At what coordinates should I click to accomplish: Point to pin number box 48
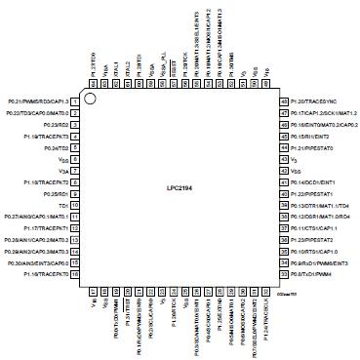pyautogui.click(x=283, y=100)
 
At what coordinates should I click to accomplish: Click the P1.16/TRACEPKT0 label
pyautogui.click(x=48, y=276)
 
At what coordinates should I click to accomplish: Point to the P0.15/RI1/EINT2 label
pyautogui.click(x=314, y=136)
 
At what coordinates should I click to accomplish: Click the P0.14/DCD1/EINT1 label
pyautogui.click(x=314, y=182)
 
